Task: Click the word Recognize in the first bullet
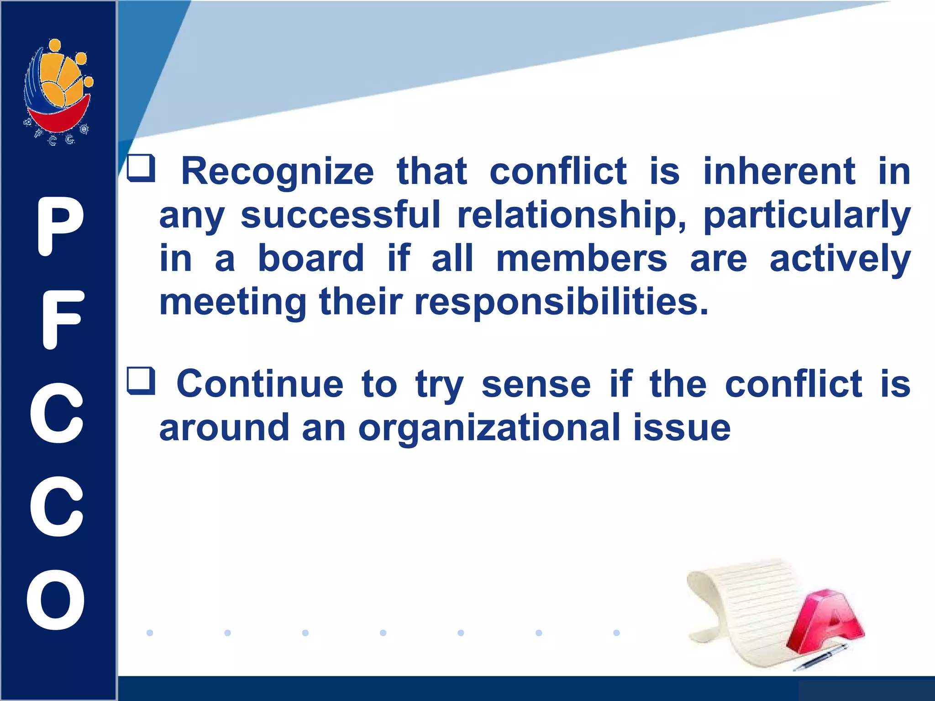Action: [x=278, y=172]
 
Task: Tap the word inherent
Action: [x=779, y=172]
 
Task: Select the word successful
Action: [x=340, y=215]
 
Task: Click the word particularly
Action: [x=807, y=215]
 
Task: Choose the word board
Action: [x=311, y=258]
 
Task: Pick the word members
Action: [x=581, y=258]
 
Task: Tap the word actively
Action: [x=840, y=258]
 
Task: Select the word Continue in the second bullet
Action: [x=260, y=384]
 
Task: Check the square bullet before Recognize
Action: [x=141, y=168]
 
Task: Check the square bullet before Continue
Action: [x=141, y=381]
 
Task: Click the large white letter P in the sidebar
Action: [x=59, y=227]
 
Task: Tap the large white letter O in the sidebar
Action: [x=56, y=600]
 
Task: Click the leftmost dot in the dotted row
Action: [x=150, y=633]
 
